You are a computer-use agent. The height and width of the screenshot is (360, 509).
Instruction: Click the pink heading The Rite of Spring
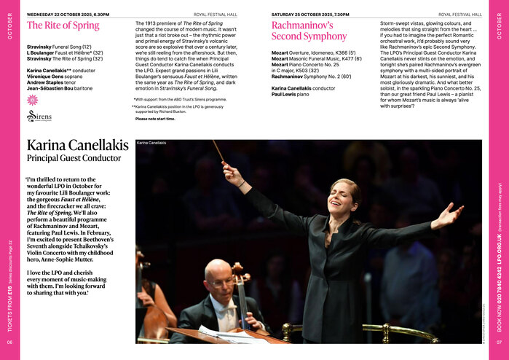[x=63, y=26]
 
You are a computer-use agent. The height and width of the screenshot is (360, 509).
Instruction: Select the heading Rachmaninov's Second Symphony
[x=303, y=30]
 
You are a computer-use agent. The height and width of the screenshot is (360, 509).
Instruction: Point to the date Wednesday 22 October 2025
[x=59, y=14]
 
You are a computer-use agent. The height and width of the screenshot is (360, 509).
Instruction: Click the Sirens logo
[x=39, y=116]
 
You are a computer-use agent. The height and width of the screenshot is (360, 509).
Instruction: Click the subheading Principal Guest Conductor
[x=64, y=158]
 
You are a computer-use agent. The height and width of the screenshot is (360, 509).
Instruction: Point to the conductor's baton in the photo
[x=218, y=152]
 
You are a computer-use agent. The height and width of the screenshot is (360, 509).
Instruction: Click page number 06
[x=9, y=342]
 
